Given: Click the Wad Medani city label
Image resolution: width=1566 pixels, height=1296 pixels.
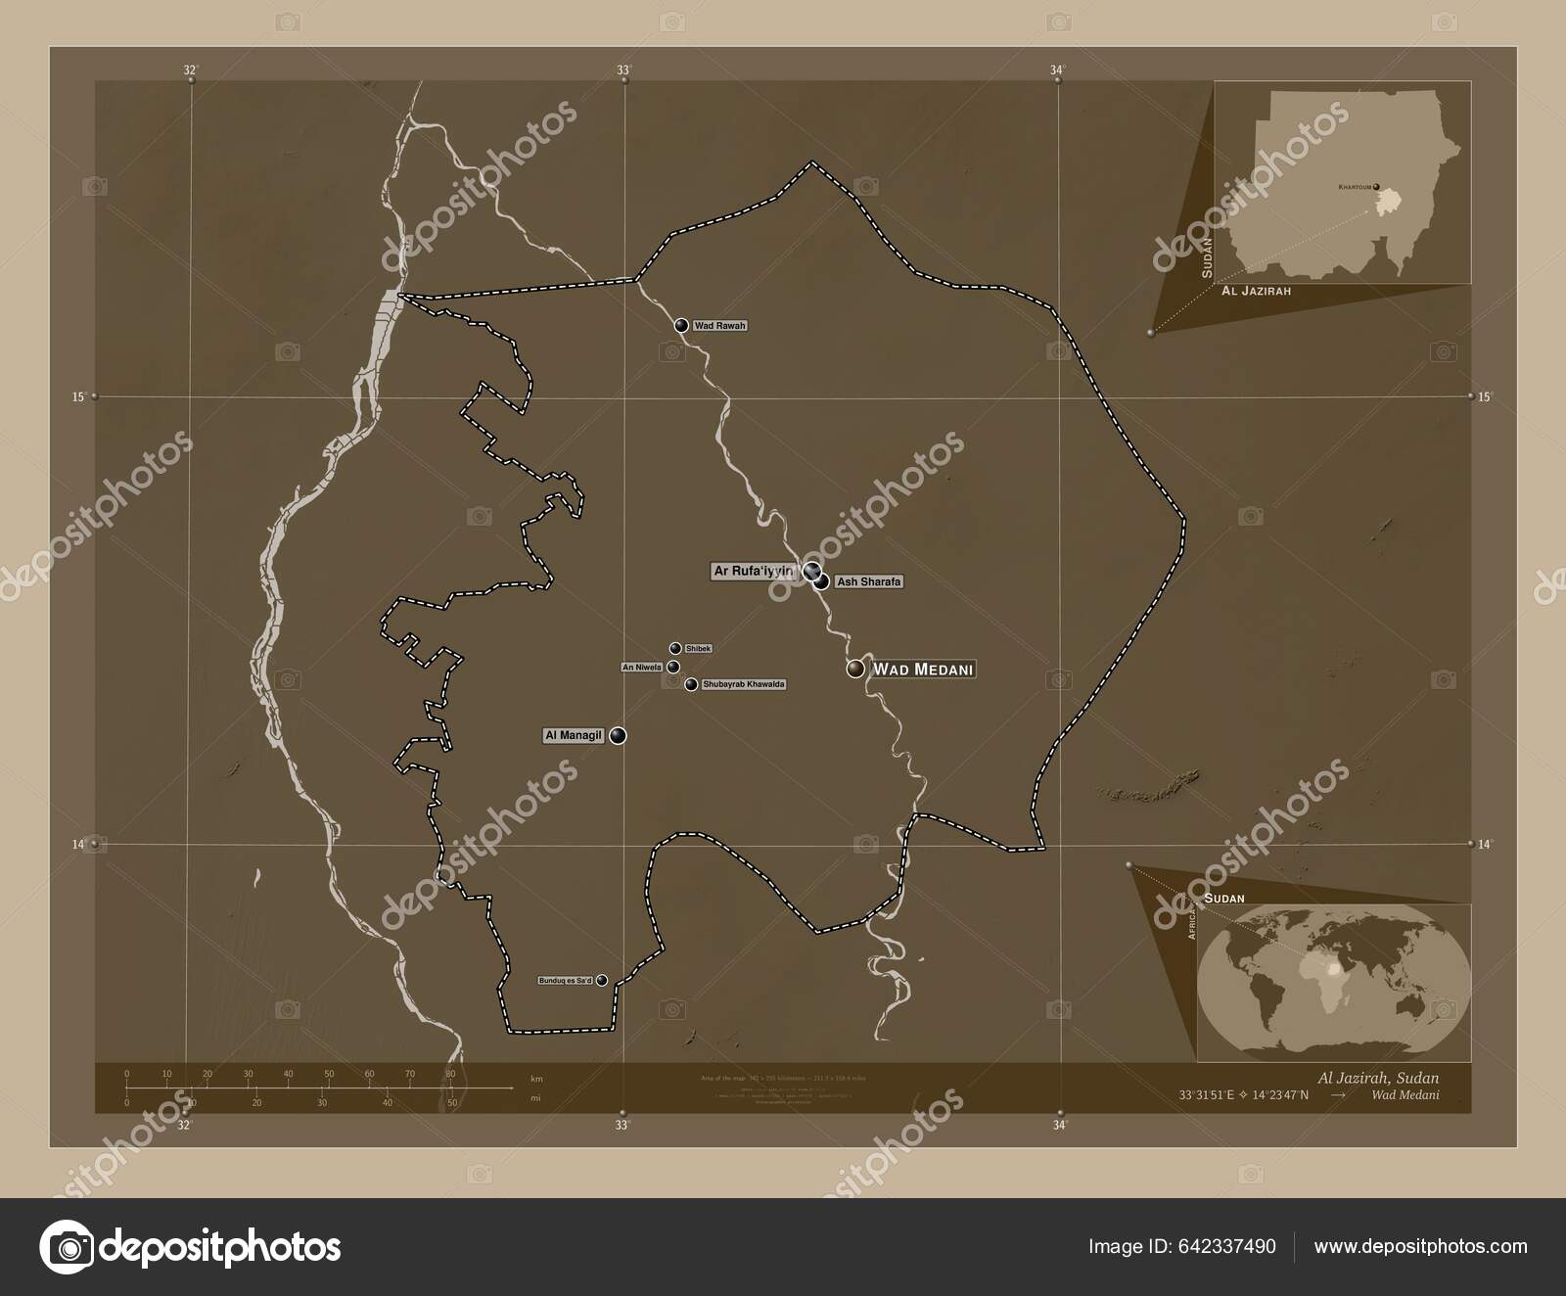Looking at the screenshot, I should pos(923,670).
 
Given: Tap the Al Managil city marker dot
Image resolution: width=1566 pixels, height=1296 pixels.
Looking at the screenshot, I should pos(618,735).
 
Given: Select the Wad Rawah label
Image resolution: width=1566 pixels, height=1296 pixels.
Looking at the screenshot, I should pos(719,325).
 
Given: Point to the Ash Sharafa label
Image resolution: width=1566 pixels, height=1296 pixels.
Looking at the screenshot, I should pos(867,582).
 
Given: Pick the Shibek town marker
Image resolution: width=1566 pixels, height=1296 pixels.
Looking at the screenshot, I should pos(675,648).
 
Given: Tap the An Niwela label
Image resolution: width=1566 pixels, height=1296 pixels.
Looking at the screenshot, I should pos(642,668).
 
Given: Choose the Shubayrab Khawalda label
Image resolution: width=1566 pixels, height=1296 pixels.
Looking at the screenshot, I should pos(744,684).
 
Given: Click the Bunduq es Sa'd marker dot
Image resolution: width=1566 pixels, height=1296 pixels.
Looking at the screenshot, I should pos(602,980).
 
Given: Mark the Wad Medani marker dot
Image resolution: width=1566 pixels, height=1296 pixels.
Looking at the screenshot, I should pos(856,669).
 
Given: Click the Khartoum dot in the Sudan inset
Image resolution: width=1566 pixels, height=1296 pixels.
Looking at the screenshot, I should pos(1376,187).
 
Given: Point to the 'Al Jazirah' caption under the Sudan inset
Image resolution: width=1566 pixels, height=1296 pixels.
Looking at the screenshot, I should pos(1256,291).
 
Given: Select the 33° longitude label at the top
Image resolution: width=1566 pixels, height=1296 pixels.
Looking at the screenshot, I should pos(622,69).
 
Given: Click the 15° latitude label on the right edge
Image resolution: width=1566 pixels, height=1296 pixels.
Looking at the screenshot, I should pos(1485,396).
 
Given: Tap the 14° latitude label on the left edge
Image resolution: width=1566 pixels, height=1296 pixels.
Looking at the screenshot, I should pos(77,844).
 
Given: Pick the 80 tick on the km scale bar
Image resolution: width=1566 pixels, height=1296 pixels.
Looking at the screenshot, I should pos(450,1074).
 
